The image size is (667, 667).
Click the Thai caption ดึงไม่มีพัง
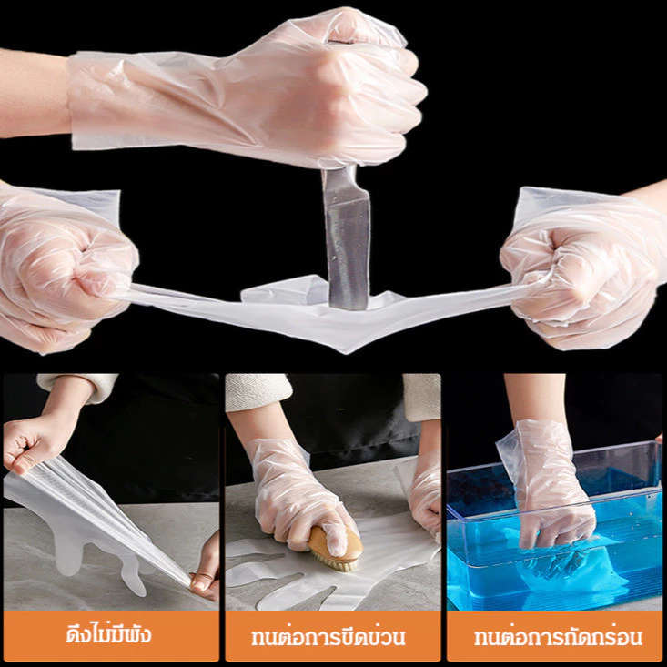click(x=109, y=634)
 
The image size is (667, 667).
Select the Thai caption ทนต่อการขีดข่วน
click(x=328, y=637)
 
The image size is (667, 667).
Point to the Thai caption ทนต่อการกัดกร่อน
click(x=558, y=637)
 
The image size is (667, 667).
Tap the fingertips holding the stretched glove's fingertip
click(x=207, y=570)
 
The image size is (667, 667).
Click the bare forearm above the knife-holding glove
click(x=34, y=94)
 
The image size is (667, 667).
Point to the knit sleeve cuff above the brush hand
click(x=258, y=392)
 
